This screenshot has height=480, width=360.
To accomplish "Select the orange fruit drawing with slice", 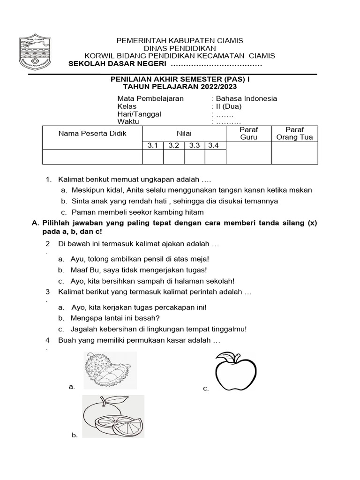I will pos(113,416).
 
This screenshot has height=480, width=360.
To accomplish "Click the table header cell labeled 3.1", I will pos(153,145).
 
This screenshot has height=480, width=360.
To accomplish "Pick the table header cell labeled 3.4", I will pos(215,145).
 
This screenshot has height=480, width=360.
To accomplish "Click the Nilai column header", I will pos(184,133).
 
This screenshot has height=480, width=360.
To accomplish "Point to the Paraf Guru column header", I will pos(248,133).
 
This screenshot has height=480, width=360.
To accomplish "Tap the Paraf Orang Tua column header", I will pos(294,133).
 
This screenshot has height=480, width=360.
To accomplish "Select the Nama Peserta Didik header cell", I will pos(92,133).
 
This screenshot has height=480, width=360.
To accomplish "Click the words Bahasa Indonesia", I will pos(246,98).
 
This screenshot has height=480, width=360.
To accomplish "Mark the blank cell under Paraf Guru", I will pos(248,157).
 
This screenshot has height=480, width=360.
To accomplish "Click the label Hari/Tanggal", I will pos(139,114).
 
